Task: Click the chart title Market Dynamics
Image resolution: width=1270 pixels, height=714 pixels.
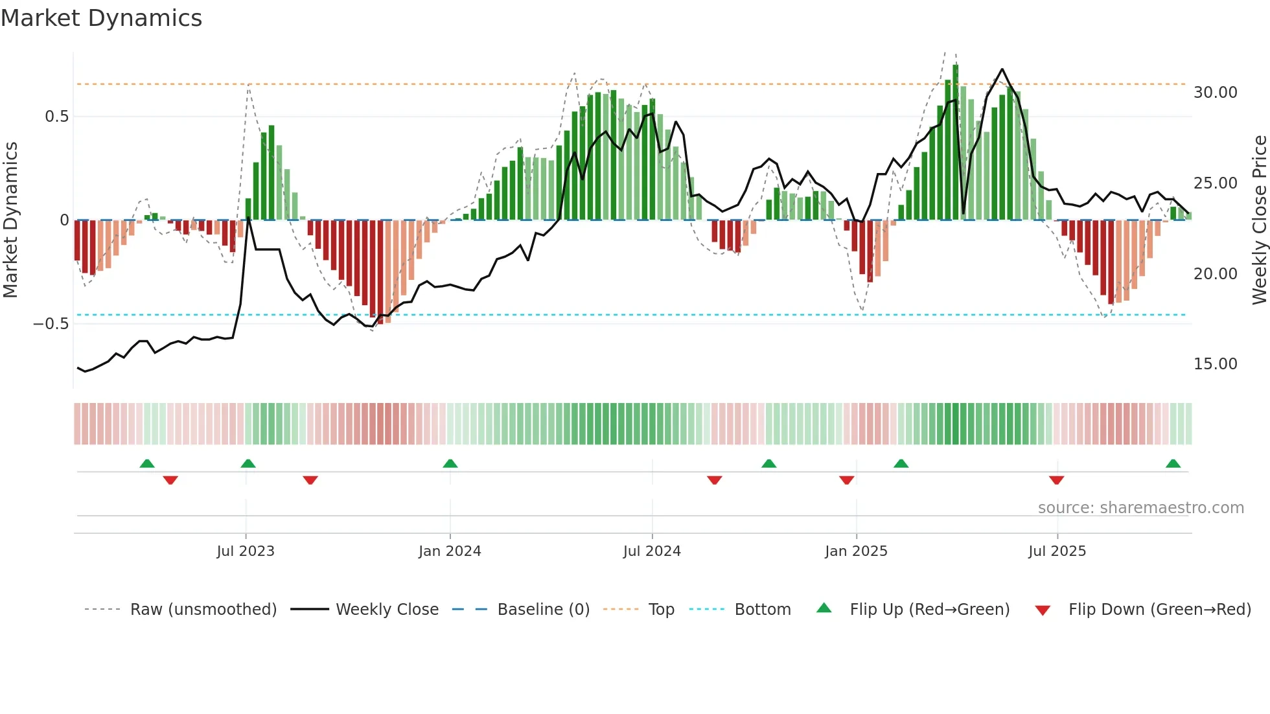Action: (101, 18)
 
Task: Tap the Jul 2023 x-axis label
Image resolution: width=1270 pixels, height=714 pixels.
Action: (246, 551)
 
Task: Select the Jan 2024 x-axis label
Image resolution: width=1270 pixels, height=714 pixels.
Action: (450, 551)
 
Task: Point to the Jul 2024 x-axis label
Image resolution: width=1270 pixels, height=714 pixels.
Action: (652, 551)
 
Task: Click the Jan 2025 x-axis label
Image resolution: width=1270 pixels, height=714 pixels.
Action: (856, 551)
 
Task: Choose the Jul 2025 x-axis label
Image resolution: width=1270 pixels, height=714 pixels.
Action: (1057, 551)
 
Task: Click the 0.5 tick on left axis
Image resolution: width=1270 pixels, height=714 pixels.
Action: (56, 117)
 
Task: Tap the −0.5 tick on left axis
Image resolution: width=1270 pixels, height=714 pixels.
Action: (51, 324)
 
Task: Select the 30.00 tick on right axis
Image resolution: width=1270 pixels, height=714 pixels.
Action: (1215, 93)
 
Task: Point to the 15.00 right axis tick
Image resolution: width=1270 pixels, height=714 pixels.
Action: (1215, 364)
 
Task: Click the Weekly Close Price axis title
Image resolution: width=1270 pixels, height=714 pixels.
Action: (1259, 220)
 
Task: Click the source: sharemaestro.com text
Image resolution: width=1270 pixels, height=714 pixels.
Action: (1140, 508)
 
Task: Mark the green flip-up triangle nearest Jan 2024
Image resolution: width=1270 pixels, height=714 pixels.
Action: (450, 463)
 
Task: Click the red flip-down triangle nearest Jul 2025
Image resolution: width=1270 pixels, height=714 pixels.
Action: (1056, 480)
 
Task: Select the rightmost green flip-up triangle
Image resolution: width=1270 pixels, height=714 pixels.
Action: (1173, 463)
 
